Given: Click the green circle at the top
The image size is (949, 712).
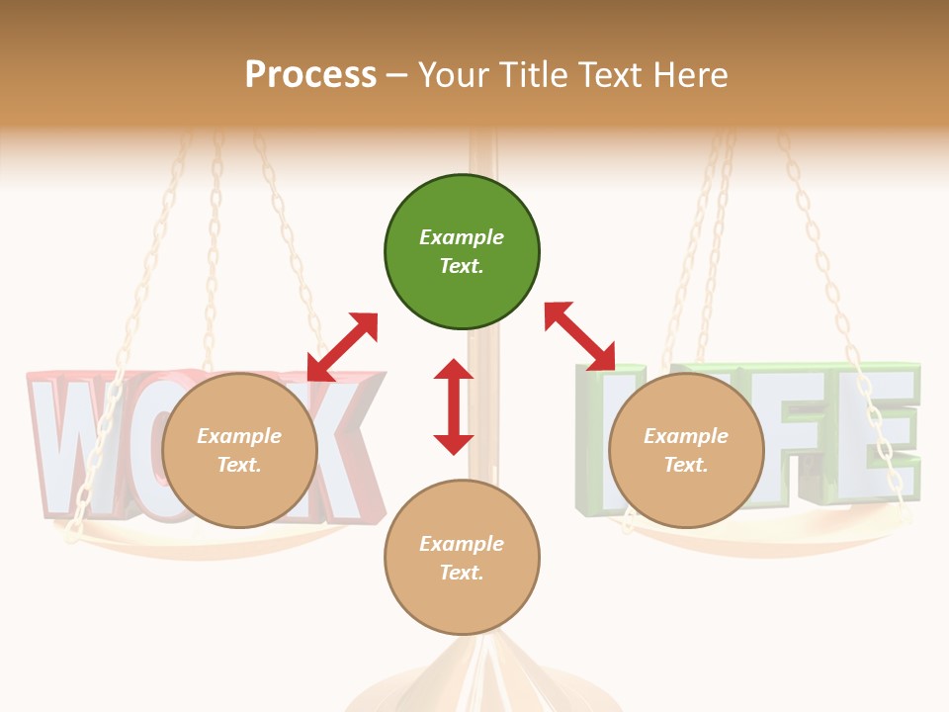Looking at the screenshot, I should (462, 251).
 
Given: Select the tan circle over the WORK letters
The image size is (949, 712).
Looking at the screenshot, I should (239, 450).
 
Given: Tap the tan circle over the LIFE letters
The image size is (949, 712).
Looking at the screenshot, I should (686, 450).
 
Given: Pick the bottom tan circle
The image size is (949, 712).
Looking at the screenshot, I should (462, 558).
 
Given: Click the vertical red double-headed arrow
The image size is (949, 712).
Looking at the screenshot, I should (454, 406).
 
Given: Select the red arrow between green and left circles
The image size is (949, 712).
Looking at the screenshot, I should (342, 346).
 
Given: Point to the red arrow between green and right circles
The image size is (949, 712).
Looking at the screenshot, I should (579, 336).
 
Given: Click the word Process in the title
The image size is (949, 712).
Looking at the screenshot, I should (310, 74).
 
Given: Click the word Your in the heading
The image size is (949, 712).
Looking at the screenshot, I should (451, 74).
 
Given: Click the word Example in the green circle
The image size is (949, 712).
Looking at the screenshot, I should (462, 237).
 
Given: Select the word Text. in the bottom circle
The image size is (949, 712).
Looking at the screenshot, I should (462, 573).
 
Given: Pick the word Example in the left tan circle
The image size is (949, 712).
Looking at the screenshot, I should (239, 436).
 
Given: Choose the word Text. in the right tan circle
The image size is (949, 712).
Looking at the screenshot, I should (686, 465).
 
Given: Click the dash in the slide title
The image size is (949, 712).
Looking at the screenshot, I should (396, 75).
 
